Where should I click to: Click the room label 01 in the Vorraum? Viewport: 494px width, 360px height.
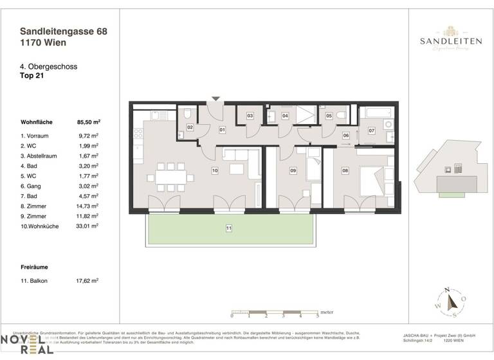click(222, 130)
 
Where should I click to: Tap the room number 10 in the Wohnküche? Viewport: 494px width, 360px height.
click(215, 170)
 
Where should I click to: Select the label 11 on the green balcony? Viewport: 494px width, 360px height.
click(228, 228)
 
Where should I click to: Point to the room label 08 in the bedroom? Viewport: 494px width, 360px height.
click(345, 170)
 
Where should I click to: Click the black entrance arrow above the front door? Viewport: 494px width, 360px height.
click(216, 98)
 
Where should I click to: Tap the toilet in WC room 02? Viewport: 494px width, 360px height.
click(187, 114)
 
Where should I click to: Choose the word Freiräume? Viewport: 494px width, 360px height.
click(35, 265)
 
